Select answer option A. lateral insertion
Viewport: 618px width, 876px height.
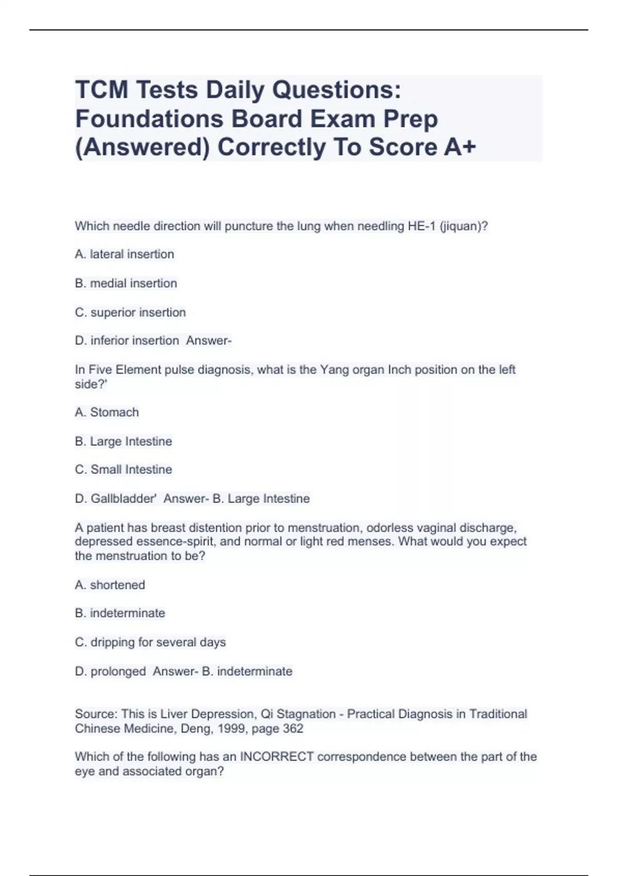[125, 254]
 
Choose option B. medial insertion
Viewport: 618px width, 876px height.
[126, 283]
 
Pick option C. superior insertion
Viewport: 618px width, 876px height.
[130, 312]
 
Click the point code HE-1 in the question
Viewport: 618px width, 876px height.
[421, 226]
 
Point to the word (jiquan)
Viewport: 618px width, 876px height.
[463, 226]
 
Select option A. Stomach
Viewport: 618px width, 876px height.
[107, 412]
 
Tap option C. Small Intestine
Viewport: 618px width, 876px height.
[123, 469]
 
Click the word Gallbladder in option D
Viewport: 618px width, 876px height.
[123, 498]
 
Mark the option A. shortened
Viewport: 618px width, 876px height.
[110, 585]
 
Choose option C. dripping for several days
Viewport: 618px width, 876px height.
[150, 642]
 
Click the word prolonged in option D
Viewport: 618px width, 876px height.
[118, 671]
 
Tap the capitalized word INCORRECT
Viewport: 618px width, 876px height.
[277, 756]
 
